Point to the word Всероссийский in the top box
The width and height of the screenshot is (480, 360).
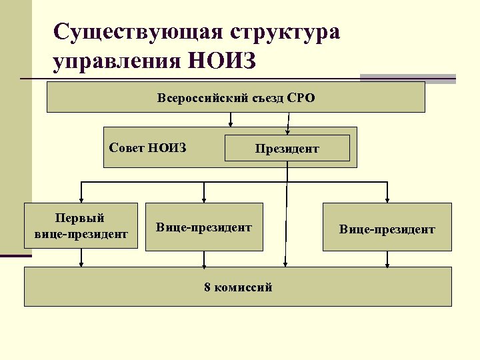click(198, 98)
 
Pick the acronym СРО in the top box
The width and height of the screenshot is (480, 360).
click(301, 98)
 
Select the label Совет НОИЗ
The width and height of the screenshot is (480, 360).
click(147, 147)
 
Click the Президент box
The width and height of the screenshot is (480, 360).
click(287, 148)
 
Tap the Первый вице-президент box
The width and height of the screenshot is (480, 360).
click(81, 226)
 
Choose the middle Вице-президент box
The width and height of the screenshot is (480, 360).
click(204, 227)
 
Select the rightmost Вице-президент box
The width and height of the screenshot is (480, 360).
click(387, 229)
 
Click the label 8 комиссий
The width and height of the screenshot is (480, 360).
click(238, 287)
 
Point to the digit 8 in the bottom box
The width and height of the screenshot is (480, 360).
click(207, 287)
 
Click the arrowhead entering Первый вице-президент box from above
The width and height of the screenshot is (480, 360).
click(81, 199)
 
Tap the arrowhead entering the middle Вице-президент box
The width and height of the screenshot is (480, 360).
click(204, 199)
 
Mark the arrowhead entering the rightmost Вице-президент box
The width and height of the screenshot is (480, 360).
click(387, 199)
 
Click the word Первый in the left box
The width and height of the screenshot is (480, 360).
click(80, 218)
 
